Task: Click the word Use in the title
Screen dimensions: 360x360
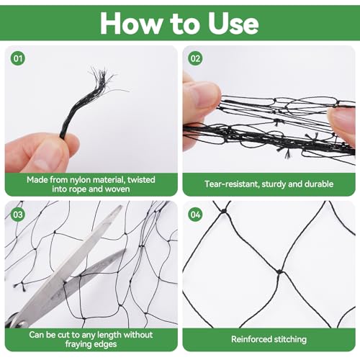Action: click(233, 23)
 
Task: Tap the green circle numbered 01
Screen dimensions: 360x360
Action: click(18, 58)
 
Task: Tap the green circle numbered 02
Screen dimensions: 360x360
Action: click(195, 58)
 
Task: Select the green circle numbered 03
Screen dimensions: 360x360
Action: click(18, 215)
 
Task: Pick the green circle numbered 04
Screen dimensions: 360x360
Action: click(195, 215)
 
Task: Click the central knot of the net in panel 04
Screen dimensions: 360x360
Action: click(279, 272)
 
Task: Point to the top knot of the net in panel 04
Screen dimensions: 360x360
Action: click(224, 211)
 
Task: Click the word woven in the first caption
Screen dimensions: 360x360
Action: click(117, 189)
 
